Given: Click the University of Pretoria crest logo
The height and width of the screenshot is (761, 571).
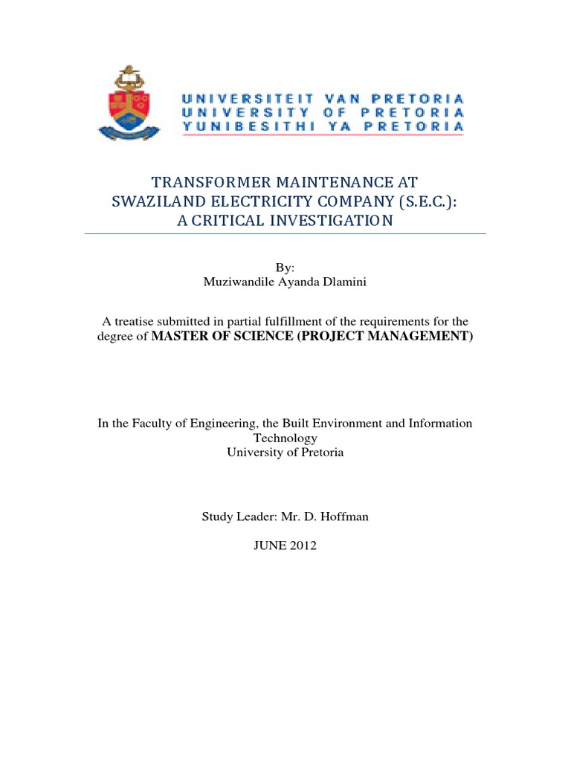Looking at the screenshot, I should [x=129, y=103].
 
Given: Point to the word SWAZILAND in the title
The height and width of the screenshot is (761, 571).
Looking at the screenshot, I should [x=156, y=201].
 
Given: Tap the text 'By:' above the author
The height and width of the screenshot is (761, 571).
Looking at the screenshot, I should [x=285, y=268].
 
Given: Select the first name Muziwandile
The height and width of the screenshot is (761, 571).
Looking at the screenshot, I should [x=237, y=282].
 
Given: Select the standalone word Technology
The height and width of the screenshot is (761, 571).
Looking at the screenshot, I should [x=285, y=438].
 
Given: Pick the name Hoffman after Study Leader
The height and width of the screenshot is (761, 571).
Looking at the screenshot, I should [x=343, y=516].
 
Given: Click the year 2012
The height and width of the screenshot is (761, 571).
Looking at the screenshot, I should [x=303, y=545].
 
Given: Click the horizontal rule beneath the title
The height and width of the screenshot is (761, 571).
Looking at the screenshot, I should [x=285, y=233].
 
